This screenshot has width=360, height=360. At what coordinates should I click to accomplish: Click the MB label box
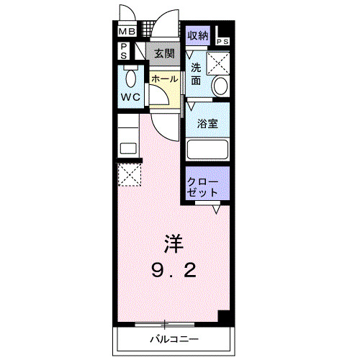[127, 31]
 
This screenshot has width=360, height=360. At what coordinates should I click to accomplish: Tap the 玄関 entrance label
[164, 53]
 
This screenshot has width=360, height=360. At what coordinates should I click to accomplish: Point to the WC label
[130, 96]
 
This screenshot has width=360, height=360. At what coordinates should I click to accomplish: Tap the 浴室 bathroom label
[208, 123]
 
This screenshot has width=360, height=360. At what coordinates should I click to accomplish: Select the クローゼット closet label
[202, 186]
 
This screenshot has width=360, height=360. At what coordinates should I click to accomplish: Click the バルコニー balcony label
[174, 338]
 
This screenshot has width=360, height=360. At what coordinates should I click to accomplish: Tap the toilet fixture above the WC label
[130, 76]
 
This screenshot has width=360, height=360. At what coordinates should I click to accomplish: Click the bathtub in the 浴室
[207, 150]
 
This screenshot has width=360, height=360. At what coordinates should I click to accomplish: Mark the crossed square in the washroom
[218, 63]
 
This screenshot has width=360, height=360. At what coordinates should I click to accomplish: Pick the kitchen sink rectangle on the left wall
[127, 148]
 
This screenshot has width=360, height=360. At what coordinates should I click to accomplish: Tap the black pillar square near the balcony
[224, 318]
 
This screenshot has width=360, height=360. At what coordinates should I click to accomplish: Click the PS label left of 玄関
[124, 50]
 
